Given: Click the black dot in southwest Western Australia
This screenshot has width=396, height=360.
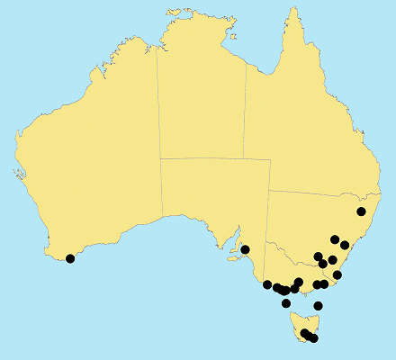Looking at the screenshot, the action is coord(70,258).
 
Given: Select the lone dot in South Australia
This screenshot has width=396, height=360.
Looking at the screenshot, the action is coord(245,249).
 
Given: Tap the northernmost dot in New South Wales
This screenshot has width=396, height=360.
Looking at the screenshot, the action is coord(362,211).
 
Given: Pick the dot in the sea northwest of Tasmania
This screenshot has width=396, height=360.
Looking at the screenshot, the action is coord(286,303).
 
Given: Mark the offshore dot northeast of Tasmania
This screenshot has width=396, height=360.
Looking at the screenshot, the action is coord(318,306).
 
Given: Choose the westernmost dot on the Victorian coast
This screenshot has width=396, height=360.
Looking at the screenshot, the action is coord(267,284).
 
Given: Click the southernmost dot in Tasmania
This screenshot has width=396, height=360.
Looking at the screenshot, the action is coord(313,338).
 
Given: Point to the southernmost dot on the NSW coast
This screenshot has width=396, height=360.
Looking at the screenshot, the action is coord(337,274).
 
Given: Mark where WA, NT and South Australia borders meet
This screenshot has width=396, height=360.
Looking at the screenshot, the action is coord(160,158).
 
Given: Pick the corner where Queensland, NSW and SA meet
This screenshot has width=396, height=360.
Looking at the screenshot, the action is coord(270,191).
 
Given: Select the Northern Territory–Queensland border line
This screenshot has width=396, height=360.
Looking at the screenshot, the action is coord(246,117).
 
